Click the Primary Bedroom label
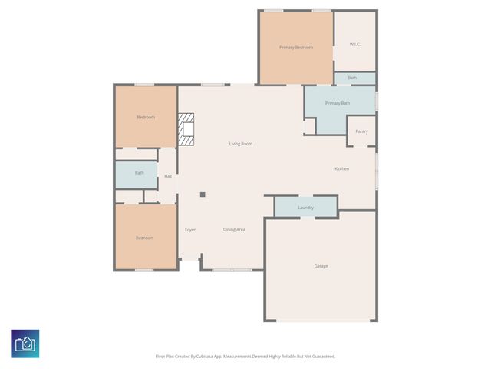pos(295,48)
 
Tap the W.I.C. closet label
pos(354,44)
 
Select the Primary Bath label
pos(337,103)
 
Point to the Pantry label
pos(361,131)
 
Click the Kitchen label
pos(341,168)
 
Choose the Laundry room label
pos(305,208)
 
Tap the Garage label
pos(321,266)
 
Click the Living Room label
pos(240,144)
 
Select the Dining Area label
pos(234,229)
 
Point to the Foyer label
pos(190,229)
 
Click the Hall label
pos(167,176)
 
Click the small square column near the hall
pos(203,194)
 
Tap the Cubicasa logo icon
pos(25,343)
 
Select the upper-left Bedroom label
pos(146,117)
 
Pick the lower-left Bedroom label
pos(144,238)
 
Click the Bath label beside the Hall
pos(139,173)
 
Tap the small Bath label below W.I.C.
pos(352,78)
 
